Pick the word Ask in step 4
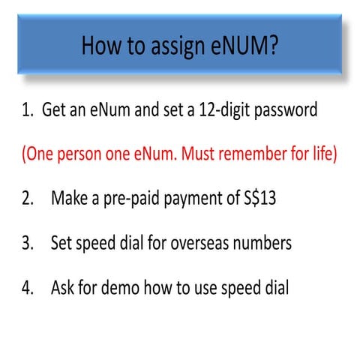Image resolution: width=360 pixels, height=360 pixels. point(64,288)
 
